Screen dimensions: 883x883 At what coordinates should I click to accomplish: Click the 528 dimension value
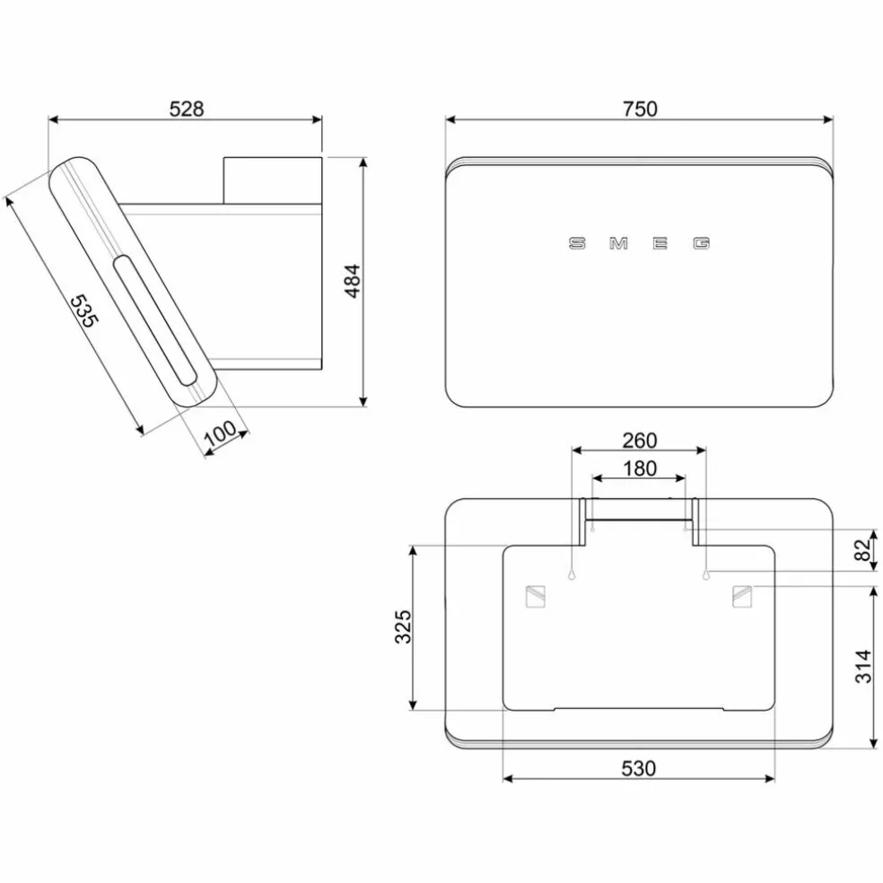click(x=187, y=109)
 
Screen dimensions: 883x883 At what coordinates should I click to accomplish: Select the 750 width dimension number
click(x=640, y=109)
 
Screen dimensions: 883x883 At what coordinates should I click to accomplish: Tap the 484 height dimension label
click(x=353, y=281)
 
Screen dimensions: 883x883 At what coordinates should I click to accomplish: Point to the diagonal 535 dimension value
click(x=84, y=310)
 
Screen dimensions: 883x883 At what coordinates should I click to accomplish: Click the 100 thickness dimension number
click(x=220, y=433)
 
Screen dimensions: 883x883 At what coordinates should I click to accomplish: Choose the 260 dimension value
click(x=639, y=441)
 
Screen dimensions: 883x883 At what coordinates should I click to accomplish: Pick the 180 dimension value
click(x=640, y=468)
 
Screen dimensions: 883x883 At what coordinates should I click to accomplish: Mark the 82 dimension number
click(x=862, y=550)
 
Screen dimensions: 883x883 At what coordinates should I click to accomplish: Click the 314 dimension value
click(x=863, y=666)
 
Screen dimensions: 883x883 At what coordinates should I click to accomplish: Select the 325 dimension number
click(x=403, y=626)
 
